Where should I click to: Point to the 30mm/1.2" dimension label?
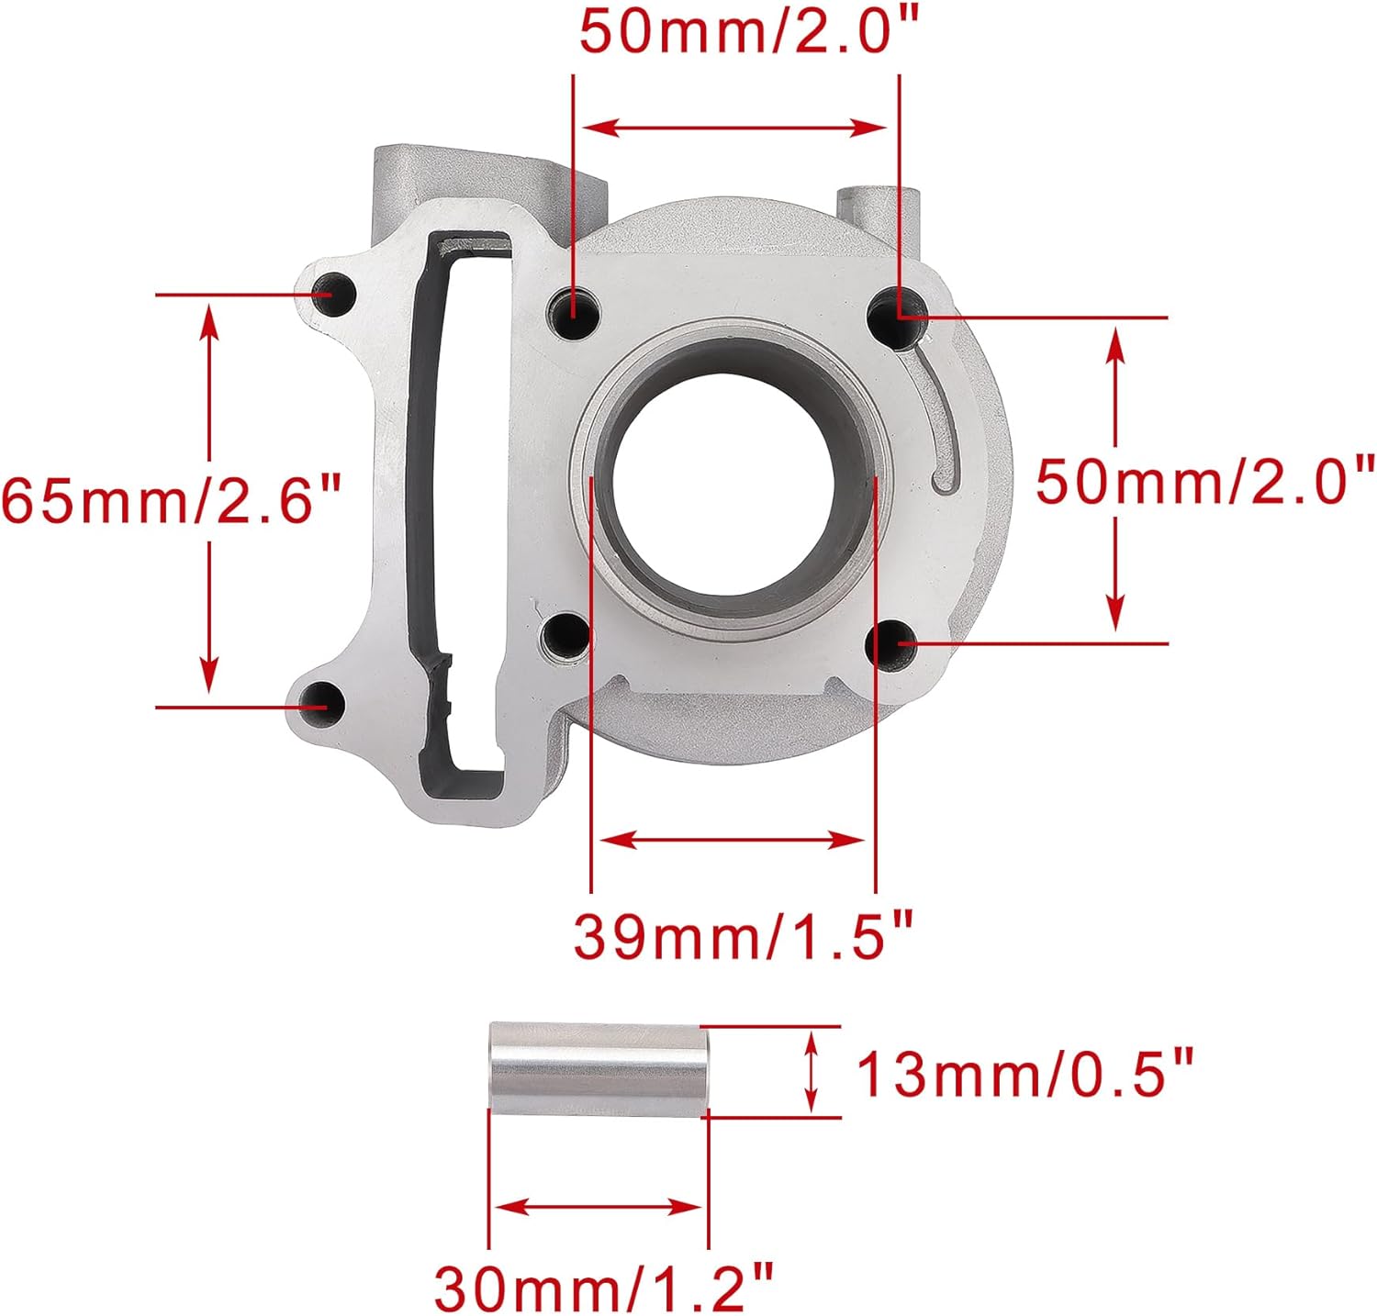[x=604, y=1288]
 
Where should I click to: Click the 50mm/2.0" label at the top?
[x=749, y=32]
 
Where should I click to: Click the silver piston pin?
[x=600, y=1069]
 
